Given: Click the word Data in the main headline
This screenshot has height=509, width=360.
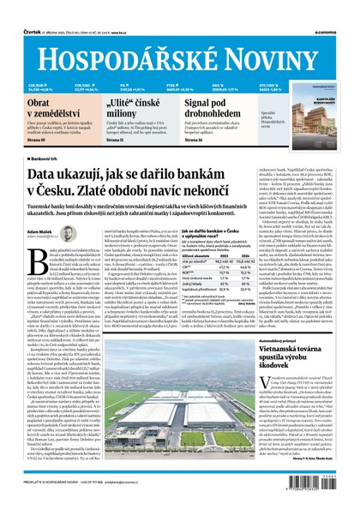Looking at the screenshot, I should tap(47, 176).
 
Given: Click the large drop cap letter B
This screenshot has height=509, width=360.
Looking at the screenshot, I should tap(34, 260).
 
